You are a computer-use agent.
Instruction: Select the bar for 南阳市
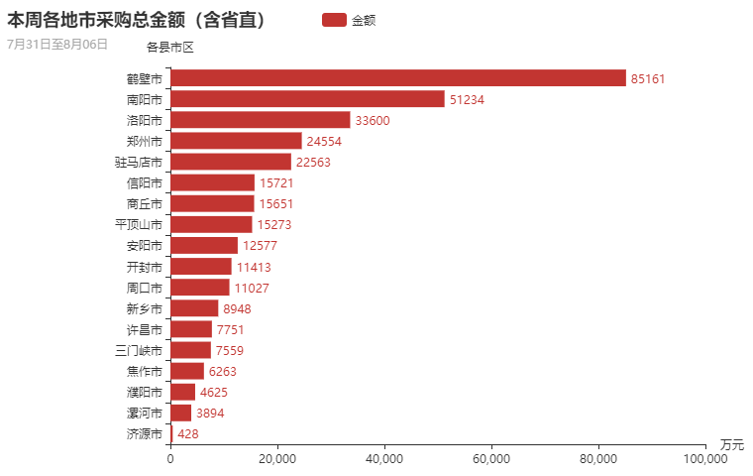(x=307, y=99)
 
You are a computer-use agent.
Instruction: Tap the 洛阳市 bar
(x=261, y=120)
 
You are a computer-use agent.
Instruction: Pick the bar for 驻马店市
(x=231, y=162)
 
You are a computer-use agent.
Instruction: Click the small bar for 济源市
(x=171, y=433)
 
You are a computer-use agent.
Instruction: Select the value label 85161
(x=649, y=78)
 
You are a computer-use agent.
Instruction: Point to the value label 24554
(x=324, y=141)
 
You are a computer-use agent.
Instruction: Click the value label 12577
(x=261, y=246)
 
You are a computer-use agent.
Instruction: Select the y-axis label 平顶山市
(x=139, y=225)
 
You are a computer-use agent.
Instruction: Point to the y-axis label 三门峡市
(x=139, y=350)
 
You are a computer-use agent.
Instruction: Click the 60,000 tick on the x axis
(x=491, y=459)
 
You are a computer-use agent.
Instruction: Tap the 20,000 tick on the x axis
(x=277, y=459)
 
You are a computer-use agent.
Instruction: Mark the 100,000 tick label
(x=705, y=459)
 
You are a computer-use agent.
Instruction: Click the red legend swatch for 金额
(x=334, y=20)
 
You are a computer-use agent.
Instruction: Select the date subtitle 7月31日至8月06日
(x=57, y=44)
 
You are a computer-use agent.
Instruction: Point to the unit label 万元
(x=731, y=443)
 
